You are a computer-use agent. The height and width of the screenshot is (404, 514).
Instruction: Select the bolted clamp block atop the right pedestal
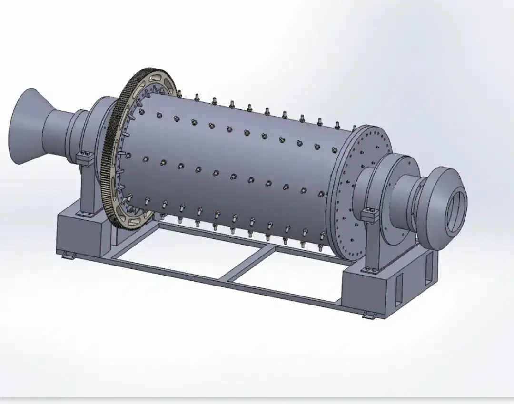(x=370, y=215)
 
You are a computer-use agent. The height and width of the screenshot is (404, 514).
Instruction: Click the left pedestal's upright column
(x=88, y=190)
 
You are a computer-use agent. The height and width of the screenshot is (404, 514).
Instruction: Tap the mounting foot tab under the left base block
(x=69, y=256)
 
